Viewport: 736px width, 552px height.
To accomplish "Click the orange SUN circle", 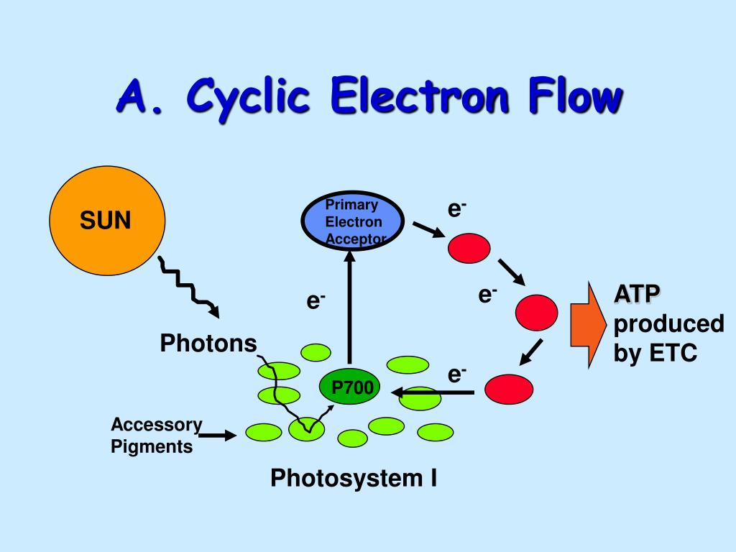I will click(107, 221).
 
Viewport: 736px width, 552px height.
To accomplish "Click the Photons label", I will click(208, 343).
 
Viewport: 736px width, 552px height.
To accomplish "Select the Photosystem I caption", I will click(354, 478).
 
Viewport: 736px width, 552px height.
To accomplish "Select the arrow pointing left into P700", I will click(432, 392).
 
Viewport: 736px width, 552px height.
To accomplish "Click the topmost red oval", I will click(469, 248).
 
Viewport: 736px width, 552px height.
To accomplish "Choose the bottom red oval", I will click(510, 389).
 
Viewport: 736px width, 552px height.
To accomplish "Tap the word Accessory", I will click(156, 424).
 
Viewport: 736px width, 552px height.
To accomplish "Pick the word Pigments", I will click(151, 446).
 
